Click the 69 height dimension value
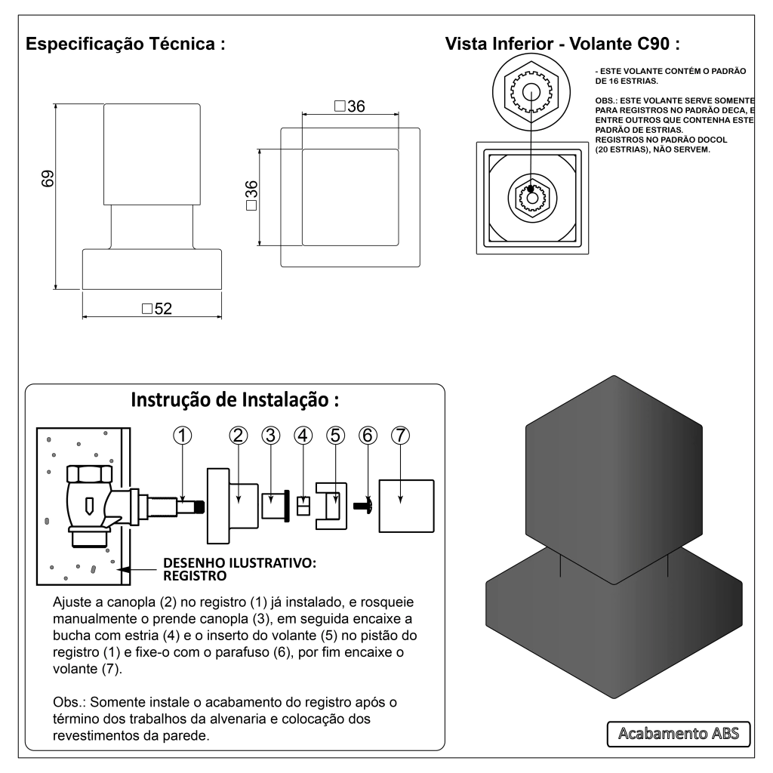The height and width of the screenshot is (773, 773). pyautogui.click(x=47, y=180)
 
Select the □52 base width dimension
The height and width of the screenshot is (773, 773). pyautogui.click(x=157, y=309)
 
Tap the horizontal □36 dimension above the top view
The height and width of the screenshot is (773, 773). pyautogui.click(x=349, y=106)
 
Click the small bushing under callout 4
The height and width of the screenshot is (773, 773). pyautogui.click(x=303, y=505)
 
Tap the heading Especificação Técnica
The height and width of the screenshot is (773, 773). pyautogui.click(x=126, y=44)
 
